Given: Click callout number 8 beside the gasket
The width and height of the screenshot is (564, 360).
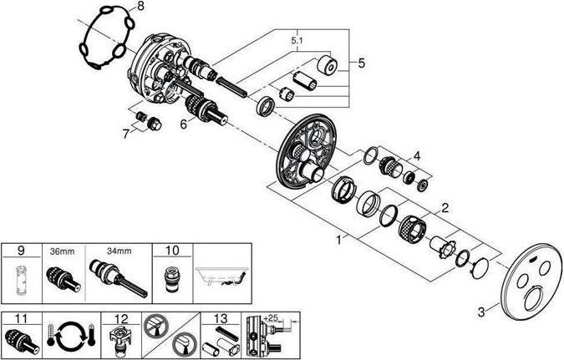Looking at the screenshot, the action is pos(140,7).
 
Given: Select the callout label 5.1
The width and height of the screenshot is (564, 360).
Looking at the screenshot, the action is pos(297,41).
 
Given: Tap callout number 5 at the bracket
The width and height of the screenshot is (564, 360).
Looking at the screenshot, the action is pos(361,63).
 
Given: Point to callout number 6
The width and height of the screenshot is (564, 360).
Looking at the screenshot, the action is pos(184,124).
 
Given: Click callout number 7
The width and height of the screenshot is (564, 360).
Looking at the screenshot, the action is pos(125,134).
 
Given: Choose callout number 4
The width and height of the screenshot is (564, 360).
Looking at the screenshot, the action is pos(417,156).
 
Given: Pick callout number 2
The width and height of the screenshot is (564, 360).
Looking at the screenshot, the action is pos(445,207).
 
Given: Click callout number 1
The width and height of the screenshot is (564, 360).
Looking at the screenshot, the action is pos(338,240).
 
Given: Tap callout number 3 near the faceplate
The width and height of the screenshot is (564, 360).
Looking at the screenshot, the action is pos(481,312).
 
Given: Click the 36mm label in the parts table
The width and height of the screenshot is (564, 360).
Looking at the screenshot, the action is pos(62,251).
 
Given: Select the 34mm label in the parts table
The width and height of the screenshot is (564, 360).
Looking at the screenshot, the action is pos(119,251).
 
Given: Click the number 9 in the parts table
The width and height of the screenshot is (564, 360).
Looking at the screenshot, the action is pos(21,251).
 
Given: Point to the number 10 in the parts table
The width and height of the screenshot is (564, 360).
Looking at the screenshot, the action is pos(172,251).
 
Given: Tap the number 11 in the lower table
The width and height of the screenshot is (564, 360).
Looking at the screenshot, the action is pos(21,319).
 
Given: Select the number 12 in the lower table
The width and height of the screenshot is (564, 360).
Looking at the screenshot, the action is pos(121,319).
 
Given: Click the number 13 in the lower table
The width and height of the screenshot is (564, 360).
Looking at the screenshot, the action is pos(221,319).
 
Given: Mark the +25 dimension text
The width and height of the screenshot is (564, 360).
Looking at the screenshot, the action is pos(271,318).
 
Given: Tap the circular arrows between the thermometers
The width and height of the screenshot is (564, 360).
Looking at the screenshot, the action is pos(70,336).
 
